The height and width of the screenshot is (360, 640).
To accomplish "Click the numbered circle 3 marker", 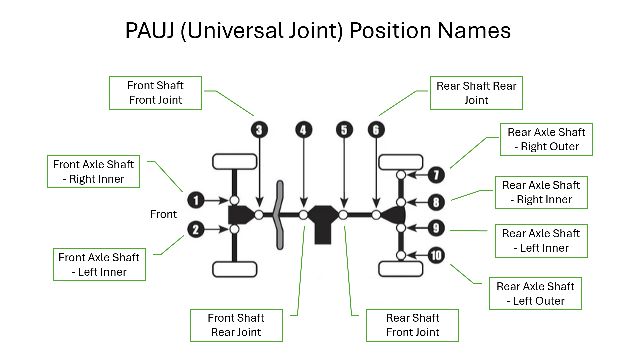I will point(259,130).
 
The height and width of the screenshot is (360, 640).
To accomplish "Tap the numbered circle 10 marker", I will point(436,256).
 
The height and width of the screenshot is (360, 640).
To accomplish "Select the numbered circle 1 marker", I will point(196,200).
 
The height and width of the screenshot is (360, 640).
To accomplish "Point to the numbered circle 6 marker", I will point(376,130).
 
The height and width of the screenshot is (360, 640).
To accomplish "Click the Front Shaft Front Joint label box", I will point(156,93).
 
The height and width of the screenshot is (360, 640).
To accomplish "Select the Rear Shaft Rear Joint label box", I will point(476,93).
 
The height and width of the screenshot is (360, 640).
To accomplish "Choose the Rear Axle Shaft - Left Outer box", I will point(535,294).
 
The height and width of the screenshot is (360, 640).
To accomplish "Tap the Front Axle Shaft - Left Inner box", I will point(99,265).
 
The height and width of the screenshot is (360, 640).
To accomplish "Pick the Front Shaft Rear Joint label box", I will point(236,325).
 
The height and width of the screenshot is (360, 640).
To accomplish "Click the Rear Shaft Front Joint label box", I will point(413,325).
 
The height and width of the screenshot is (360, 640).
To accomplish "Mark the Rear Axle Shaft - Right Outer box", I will point(547,139).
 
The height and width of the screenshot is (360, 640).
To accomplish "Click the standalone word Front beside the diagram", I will point(163,214).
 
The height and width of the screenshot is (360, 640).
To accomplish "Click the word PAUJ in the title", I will point(150,31).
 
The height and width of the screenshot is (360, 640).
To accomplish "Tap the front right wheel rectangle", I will point(235,162).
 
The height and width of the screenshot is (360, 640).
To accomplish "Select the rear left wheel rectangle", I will point(401,269).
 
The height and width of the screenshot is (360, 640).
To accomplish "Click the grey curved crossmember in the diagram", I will point(279,215).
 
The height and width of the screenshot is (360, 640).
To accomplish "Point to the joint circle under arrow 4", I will point(303,215).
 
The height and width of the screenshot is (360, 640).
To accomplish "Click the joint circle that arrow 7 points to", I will point(401,175).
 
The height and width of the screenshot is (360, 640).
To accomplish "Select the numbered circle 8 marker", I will point(436,202).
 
